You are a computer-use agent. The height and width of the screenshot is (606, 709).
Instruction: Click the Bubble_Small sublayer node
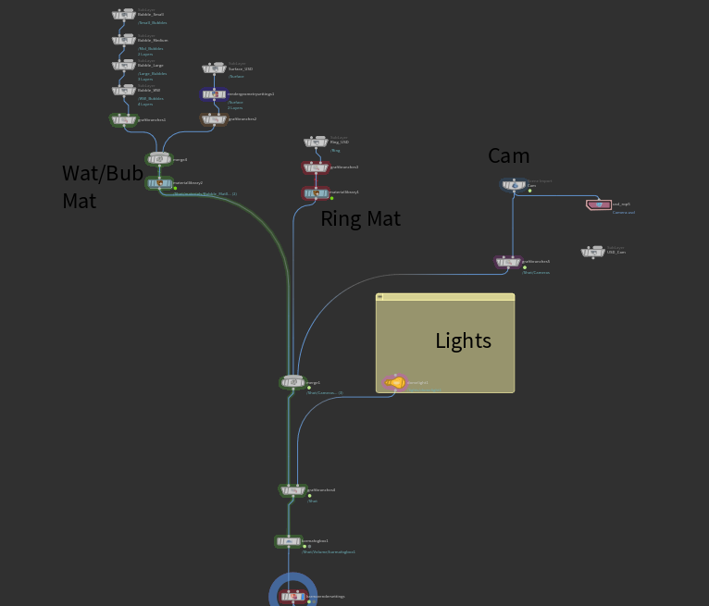[x=124, y=16]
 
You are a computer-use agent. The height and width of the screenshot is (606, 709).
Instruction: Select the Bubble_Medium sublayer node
[x=124, y=41]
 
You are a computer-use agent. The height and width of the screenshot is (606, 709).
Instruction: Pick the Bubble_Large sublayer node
[x=124, y=66]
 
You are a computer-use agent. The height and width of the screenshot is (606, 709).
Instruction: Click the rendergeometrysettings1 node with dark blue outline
[x=214, y=94]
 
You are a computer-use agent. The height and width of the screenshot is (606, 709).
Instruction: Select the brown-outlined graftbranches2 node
[x=214, y=119]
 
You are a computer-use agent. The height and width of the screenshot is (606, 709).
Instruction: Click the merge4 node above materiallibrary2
[x=158, y=159]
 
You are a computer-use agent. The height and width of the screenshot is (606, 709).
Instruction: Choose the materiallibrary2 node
[x=158, y=183]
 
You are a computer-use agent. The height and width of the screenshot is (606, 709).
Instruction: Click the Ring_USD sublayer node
[x=316, y=142]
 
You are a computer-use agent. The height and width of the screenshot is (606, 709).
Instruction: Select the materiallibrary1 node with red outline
[x=316, y=192]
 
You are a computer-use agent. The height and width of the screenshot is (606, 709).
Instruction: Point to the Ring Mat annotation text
[x=359, y=218]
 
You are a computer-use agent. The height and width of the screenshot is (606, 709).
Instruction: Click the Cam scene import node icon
[x=513, y=185]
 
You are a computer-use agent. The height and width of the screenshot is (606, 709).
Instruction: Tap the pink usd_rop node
[x=598, y=204]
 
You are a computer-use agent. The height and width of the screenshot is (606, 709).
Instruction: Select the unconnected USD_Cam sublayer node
[x=592, y=252]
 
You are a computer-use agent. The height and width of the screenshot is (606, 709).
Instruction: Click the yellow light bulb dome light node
[x=395, y=382]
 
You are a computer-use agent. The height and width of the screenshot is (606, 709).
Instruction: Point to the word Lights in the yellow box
[x=463, y=340]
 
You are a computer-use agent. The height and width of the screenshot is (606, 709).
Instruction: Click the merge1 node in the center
[x=292, y=382]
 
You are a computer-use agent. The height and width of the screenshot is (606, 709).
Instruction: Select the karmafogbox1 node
[x=288, y=541]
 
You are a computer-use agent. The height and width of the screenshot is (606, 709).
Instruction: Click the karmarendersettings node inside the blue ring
[x=292, y=597]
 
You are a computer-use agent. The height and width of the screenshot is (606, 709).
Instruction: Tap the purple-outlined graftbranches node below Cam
[x=507, y=262]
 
